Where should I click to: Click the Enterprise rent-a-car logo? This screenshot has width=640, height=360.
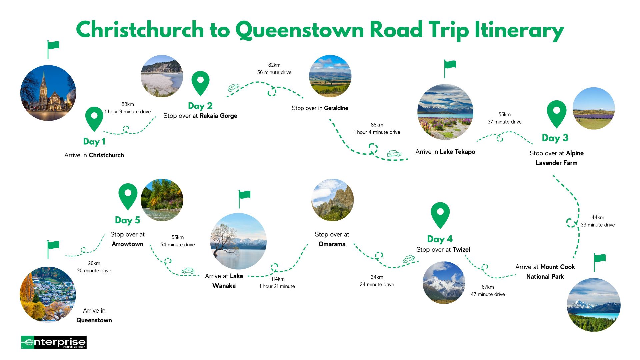(54, 342)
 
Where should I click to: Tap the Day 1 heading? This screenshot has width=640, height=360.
(94, 142)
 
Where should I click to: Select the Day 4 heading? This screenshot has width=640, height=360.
(440, 239)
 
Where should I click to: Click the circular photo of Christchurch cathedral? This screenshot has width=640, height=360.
(48, 93)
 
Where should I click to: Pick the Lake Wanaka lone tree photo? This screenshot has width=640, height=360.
(238, 241)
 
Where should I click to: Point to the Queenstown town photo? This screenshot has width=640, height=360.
(48, 294)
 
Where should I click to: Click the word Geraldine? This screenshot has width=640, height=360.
(336, 108)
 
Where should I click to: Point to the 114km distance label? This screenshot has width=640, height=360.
(278, 279)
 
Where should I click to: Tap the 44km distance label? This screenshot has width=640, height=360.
(598, 217)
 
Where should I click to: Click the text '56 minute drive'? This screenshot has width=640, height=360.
(274, 72)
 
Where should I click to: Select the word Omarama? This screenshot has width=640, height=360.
(332, 244)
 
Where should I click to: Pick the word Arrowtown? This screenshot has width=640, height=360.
(127, 244)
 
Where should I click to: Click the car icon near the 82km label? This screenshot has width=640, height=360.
(233, 88)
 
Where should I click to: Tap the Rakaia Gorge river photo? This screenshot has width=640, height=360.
(162, 76)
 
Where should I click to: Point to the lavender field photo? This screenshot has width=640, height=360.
(593, 108)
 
